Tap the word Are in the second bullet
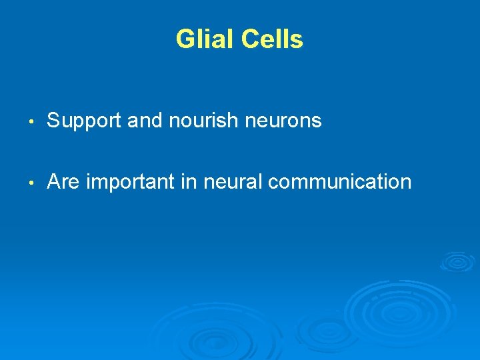tap(63, 181)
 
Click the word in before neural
tap(187, 181)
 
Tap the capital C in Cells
tap(249, 39)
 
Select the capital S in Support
tap(53, 121)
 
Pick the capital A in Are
tap(54, 181)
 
